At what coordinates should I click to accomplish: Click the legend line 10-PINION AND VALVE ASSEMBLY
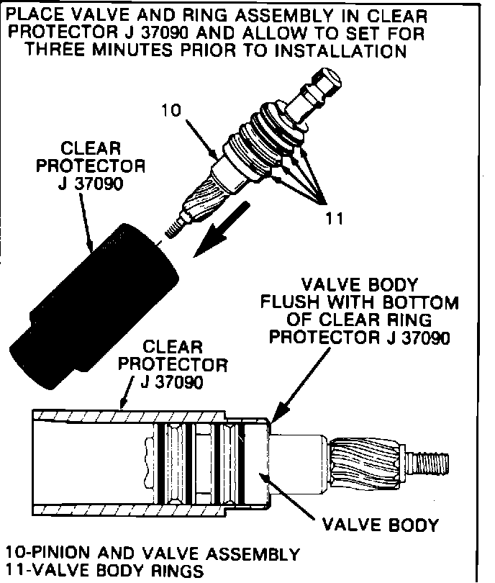tap(152, 554)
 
